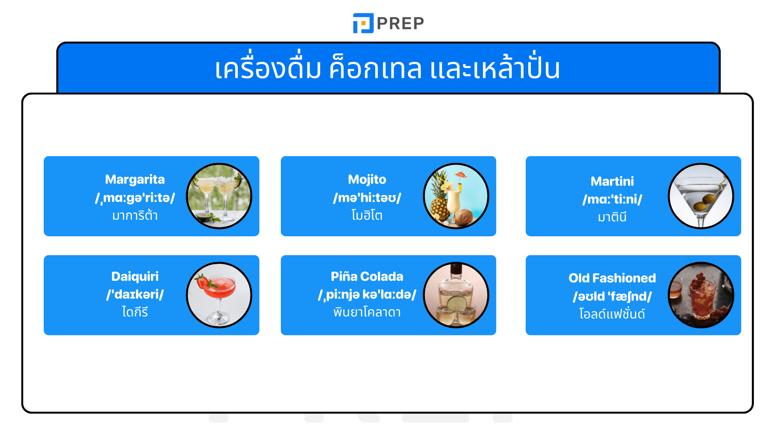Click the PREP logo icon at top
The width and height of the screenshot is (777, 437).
pos(363,23)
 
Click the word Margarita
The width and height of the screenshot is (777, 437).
pos(135,179)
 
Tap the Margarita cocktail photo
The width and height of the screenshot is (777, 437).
pos(219,196)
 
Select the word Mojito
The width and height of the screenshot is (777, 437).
pos(367,179)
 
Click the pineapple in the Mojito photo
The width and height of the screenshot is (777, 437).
pos(439,201)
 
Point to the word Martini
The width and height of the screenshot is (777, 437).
pos(612,181)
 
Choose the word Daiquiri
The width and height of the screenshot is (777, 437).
pos(135,276)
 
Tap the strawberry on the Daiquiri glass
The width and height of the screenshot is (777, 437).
pos(202,281)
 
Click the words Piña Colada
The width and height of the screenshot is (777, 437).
pos(367,276)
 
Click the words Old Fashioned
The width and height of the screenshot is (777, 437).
pos(612,278)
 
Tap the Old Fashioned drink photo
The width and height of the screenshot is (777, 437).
pos(701,295)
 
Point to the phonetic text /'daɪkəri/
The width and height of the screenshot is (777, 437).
pos(135,295)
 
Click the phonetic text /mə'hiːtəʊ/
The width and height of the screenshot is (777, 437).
pos(367,198)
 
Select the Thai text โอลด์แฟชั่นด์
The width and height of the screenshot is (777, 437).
pos(612,314)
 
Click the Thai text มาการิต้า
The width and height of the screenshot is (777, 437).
pos(135,216)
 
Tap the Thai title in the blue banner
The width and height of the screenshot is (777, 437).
pos(388,69)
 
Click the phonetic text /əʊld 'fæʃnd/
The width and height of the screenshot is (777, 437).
pos(612,297)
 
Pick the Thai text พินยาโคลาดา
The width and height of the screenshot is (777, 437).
pos(367,312)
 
